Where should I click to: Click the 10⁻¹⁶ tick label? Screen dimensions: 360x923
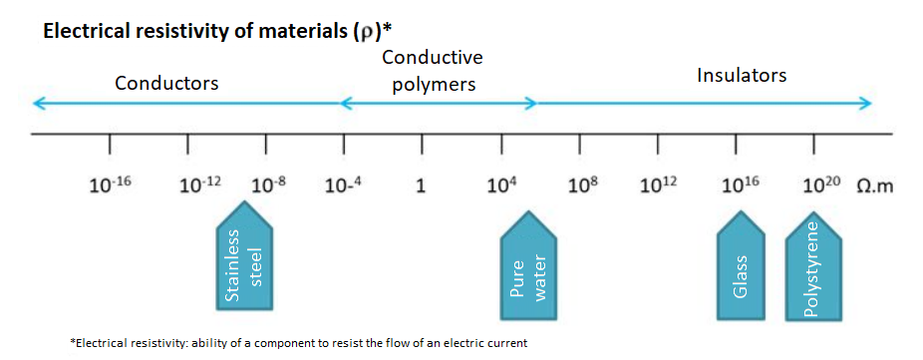coord(110,185)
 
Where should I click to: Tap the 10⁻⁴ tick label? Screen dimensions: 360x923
coord(343,185)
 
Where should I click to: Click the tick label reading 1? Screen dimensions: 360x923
coord(421,186)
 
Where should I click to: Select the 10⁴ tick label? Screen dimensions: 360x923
coord(501,185)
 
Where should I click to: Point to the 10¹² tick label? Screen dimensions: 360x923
coord(659,185)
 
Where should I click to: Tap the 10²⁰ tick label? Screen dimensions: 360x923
coord(821,185)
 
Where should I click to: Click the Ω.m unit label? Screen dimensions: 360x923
coord(876,186)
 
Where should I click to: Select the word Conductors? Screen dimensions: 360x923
coord(166,83)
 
